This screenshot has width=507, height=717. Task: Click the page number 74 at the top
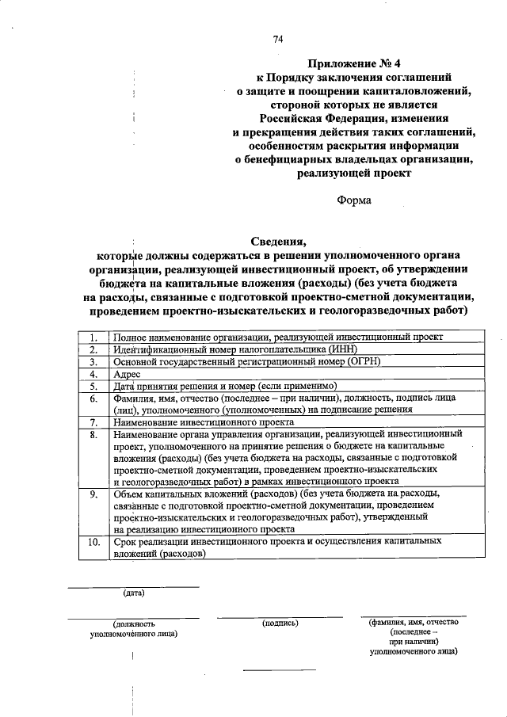pos(278,39)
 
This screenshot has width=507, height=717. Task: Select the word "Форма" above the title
pos(353,200)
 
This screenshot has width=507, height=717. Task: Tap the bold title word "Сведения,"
pos(278,241)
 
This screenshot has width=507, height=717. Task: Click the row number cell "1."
pos(93,337)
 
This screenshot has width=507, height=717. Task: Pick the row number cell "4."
pos(93,373)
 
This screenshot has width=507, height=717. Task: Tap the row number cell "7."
pos(93,421)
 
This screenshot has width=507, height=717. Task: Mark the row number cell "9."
pos(93,494)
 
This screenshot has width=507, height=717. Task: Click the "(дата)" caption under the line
pos(133,593)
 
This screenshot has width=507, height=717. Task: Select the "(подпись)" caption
pos(280,623)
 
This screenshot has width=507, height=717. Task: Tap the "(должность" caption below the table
pos(133,624)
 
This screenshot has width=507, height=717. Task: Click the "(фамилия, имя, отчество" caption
pos(414,622)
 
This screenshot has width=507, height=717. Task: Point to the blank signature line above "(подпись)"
pos(280,616)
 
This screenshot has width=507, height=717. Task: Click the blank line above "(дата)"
pos(133,586)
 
